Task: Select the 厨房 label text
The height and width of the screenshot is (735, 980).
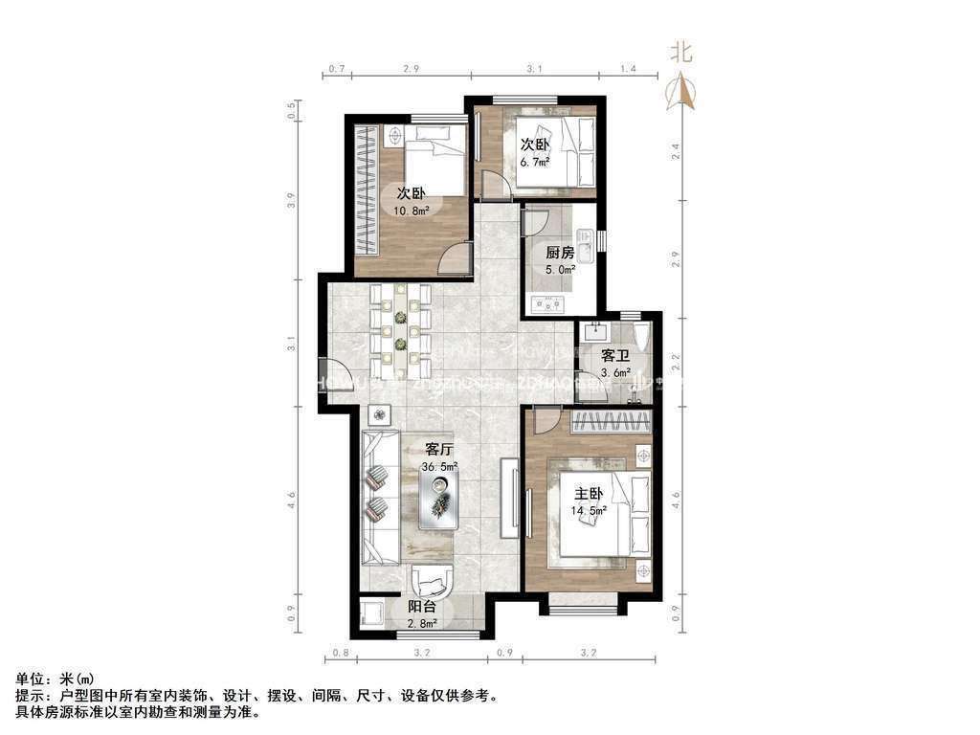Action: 560,254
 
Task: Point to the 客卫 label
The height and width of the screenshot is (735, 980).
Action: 614,355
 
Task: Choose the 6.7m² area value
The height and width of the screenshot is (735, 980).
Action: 535,162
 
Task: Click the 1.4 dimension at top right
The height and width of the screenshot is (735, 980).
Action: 628,69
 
